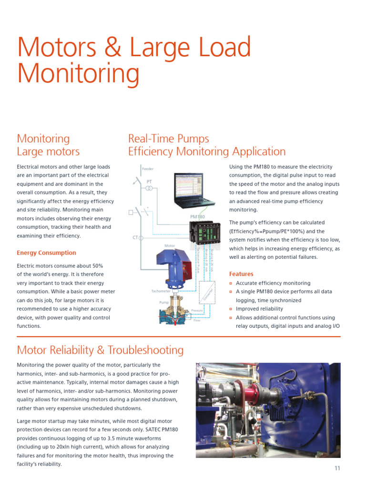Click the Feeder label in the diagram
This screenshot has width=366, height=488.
[x=148, y=169]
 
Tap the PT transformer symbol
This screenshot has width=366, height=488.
[x=149, y=189]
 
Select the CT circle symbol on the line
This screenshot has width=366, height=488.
[x=141, y=237]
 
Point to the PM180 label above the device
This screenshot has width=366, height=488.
[x=197, y=217]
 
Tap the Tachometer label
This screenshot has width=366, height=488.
[x=161, y=291]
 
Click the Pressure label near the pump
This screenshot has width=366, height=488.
[x=197, y=311]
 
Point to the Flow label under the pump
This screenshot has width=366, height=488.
[x=197, y=321]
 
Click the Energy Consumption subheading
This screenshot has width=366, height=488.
[x=46, y=253]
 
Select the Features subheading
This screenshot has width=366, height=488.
[x=241, y=274]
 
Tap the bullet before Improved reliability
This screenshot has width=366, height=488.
[x=231, y=309]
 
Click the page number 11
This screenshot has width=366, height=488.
[x=337, y=468]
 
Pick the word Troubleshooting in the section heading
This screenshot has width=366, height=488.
[x=145, y=350]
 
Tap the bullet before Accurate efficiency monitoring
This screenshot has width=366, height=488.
[x=231, y=283]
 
